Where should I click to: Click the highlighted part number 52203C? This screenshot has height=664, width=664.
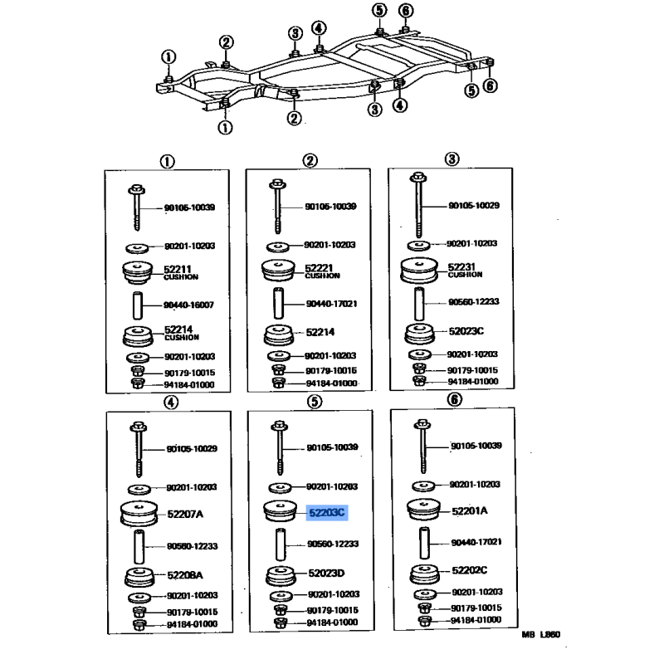327,513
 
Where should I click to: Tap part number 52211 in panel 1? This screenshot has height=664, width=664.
178,268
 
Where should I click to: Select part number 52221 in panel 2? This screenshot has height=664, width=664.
319,267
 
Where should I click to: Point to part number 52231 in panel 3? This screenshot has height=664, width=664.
461,266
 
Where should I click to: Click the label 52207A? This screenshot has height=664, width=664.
185,514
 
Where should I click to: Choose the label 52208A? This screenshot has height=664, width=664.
185,574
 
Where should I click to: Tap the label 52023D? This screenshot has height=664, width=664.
326,573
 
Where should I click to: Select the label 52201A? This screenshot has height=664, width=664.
470,511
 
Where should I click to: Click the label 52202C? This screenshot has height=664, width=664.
470,570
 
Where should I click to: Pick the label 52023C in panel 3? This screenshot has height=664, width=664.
466,331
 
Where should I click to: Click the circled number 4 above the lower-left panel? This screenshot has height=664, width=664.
171,403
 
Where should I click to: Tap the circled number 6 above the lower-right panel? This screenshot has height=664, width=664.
454,399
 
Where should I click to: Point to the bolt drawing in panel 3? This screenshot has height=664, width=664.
418,204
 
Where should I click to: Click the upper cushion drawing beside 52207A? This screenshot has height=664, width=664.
139,514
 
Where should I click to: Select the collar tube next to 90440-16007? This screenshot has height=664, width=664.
138,305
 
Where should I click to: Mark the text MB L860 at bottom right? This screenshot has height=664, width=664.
541,634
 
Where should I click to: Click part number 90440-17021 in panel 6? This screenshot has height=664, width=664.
476,542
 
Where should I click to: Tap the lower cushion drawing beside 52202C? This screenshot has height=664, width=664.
424,574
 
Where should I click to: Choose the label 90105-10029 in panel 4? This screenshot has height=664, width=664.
192,449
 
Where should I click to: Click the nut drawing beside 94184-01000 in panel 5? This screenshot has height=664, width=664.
281,623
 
